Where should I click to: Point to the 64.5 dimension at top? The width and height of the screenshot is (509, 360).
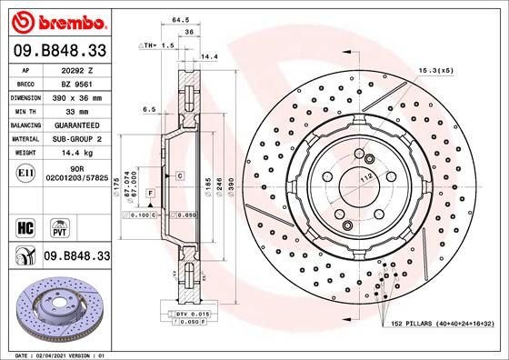180,17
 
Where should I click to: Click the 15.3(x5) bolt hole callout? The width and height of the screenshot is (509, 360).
435,70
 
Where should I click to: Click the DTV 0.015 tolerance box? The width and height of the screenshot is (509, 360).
194,313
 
